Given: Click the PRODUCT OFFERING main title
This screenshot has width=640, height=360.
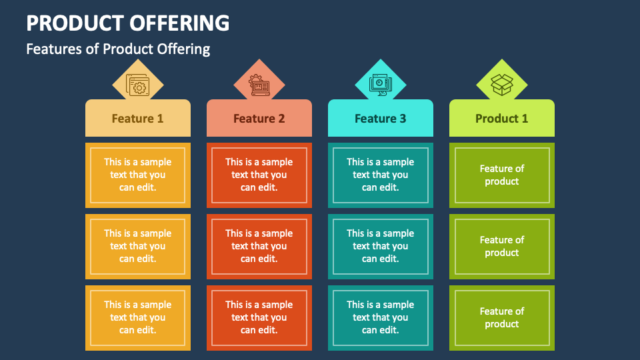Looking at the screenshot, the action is [x=128, y=23].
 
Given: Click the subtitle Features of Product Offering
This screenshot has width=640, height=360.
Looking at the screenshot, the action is [x=118, y=49].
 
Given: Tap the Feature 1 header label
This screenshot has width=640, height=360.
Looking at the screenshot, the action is [x=137, y=119].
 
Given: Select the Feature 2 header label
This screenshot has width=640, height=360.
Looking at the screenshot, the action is [x=259, y=119].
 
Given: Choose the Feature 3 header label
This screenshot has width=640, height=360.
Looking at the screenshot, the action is [x=381, y=119].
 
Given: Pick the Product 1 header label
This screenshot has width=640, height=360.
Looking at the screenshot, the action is [x=501, y=119].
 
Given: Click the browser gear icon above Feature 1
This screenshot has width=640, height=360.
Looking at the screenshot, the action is [x=137, y=85].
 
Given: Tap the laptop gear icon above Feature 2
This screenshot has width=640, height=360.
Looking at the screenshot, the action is [x=259, y=85].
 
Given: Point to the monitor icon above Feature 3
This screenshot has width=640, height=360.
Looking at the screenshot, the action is [x=381, y=85].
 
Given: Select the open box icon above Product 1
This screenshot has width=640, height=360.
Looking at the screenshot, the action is [x=501, y=85].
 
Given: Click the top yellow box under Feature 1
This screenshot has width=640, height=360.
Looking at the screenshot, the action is [x=138, y=175].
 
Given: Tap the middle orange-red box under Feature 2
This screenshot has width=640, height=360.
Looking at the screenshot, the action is [x=259, y=247].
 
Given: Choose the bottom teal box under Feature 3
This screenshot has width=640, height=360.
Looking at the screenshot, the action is [x=381, y=318].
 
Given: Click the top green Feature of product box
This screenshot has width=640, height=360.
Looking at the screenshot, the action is [x=502, y=175].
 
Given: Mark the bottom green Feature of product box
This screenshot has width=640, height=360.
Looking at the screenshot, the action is [x=502, y=318].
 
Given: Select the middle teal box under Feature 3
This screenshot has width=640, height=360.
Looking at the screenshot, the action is [x=381, y=247].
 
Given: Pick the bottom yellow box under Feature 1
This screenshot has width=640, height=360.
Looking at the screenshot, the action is [x=138, y=318].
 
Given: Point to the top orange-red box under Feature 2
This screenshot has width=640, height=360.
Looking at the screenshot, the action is [x=259, y=175].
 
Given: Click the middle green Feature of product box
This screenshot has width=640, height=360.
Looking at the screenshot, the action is [x=502, y=247].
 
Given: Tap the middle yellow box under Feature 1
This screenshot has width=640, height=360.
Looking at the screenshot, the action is [x=138, y=247].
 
